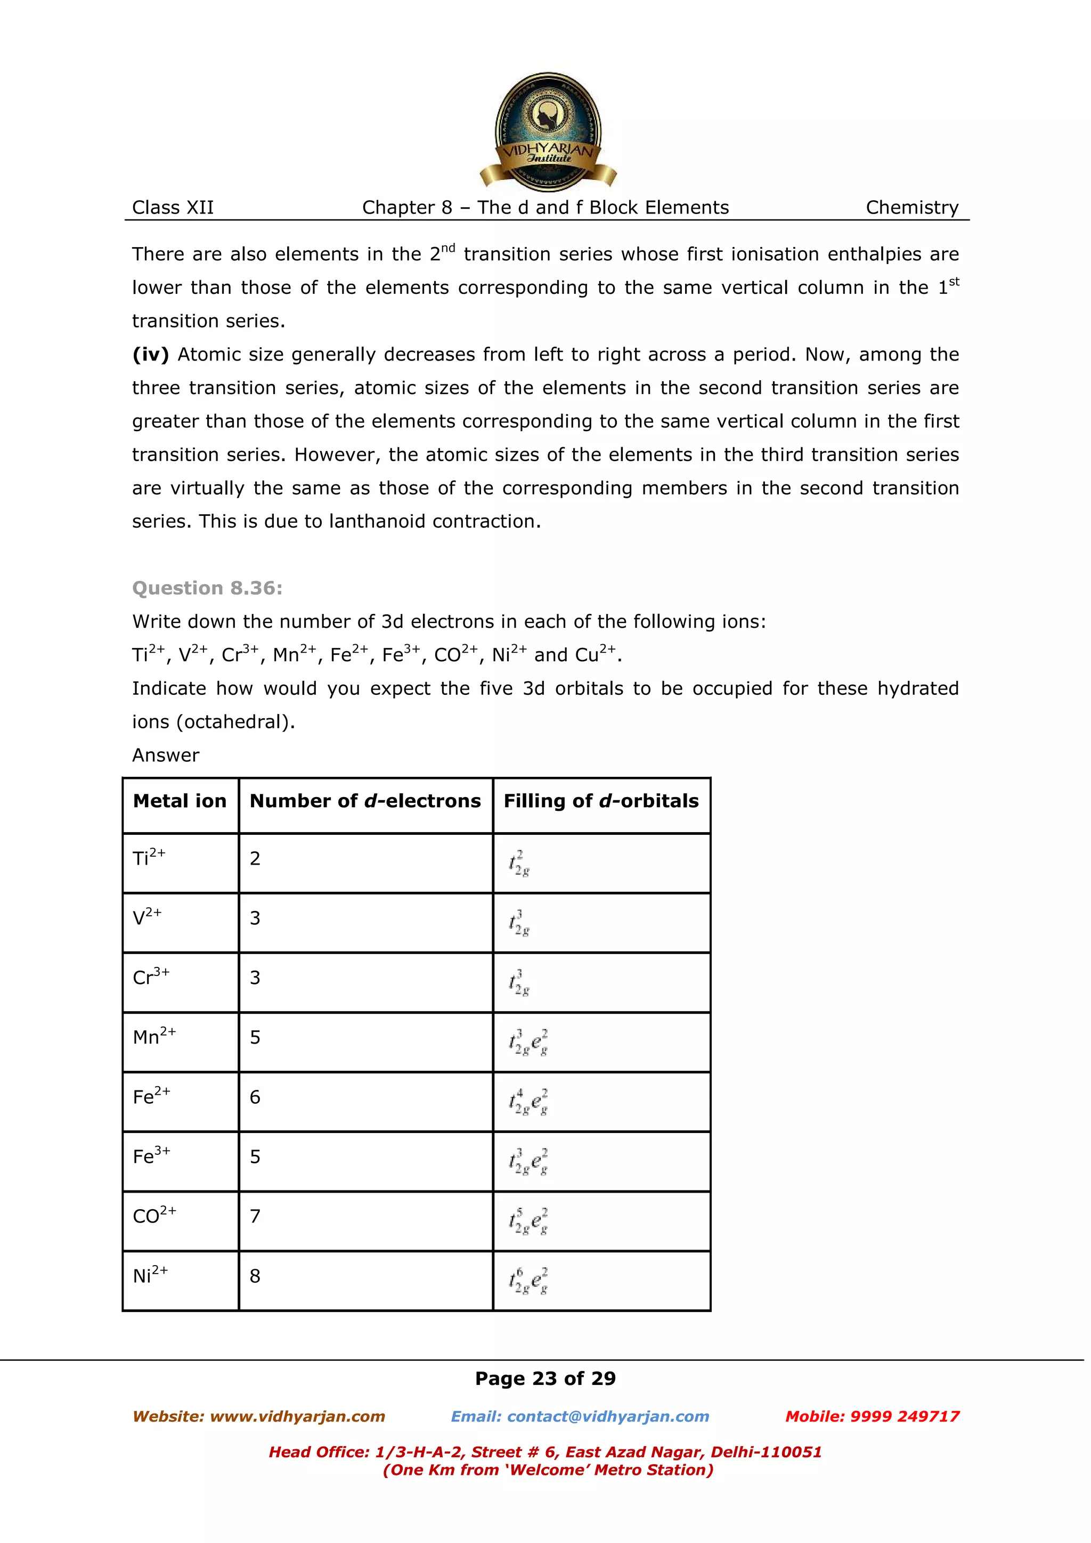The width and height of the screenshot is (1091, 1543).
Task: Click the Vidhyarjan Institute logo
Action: point(547,132)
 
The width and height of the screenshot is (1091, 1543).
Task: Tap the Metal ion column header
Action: point(180,801)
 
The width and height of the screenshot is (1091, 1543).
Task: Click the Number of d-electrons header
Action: point(365,801)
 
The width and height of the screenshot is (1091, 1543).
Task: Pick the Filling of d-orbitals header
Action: point(601,801)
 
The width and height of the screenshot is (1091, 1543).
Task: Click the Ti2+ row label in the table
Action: point(149,858)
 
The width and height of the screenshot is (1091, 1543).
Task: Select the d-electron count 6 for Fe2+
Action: point(255,1097)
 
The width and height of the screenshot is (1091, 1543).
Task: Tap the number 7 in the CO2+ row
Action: point(255,1217)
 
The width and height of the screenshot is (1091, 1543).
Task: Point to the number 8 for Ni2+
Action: point(255,1276)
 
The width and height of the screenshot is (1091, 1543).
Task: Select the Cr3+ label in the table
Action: point(151,976)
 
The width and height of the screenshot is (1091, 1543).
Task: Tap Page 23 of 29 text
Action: point(545,1378)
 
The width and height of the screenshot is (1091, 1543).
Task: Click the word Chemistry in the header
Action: point(911,208)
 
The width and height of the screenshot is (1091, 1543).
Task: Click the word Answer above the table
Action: point(165,756)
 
